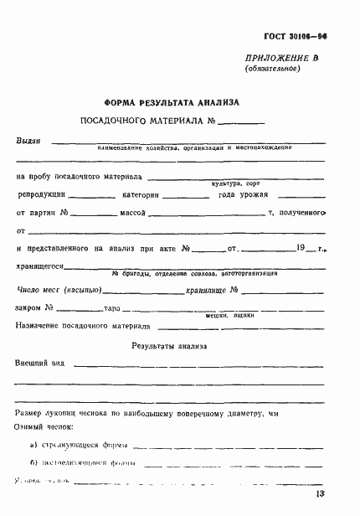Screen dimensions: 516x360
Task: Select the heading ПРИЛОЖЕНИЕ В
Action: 283,58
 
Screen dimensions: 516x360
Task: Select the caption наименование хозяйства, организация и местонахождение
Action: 193,149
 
